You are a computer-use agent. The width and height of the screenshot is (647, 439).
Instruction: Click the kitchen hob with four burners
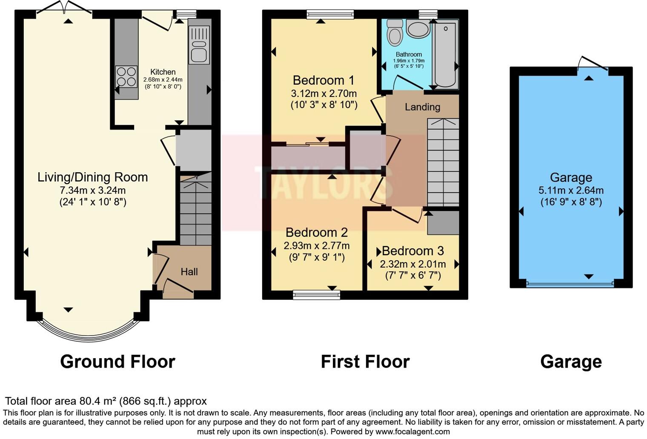coord(126,77)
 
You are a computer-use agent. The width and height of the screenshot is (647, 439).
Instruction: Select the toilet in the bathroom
coord(395,32)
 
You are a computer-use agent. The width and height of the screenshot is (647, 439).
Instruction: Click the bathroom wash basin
coord(418,29)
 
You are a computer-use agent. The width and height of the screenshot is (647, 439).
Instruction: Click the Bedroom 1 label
coord(324,80)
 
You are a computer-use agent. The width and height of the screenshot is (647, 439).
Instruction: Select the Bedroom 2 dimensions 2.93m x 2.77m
coord(317,245)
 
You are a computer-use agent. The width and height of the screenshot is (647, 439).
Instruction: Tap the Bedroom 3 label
coord(412,251)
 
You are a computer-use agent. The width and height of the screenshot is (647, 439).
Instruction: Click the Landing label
coord(422,107)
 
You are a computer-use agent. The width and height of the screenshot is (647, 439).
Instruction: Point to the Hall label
coord(189,271)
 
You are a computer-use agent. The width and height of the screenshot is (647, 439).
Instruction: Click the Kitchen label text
coord(163,72)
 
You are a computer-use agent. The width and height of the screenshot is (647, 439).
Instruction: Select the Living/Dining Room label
coord(93,177)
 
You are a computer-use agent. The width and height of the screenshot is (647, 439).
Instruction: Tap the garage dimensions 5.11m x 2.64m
coord(571,190)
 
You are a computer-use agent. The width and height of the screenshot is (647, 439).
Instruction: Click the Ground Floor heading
coord(117,362)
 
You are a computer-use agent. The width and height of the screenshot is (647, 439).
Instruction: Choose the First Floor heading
coord(365,362)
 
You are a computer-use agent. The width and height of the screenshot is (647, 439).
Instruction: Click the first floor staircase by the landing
coord(443,162)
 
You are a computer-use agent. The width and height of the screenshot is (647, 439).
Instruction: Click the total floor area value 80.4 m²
coord(98,401)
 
